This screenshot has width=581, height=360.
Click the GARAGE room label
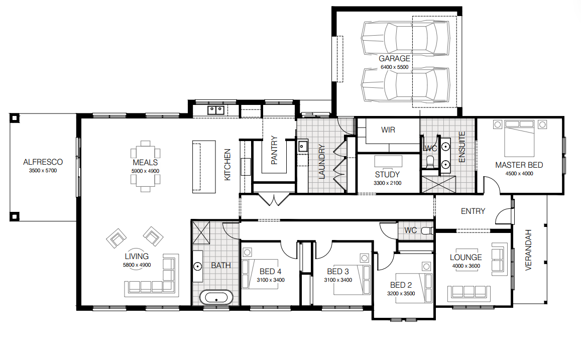394,59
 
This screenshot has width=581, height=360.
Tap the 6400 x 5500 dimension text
394,67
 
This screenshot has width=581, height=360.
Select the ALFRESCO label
43,162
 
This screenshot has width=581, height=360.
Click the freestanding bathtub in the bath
216,297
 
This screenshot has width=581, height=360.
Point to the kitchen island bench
204,167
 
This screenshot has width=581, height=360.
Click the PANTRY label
274,150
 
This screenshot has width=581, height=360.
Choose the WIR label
388,130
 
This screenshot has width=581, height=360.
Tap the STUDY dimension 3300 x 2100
387,183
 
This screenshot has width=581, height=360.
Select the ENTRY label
473,211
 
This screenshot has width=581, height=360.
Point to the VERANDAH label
528,250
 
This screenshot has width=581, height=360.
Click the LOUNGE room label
466,258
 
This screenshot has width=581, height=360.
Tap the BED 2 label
401,285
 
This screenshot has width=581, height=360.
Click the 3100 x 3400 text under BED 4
271,280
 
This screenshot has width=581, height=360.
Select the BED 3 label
338,272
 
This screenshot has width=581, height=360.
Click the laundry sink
303,146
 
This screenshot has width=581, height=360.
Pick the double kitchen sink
215,110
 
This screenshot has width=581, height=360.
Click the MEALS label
145,163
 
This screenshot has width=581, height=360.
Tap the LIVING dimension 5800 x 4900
137,265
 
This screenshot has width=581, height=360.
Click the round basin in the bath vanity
197,266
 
